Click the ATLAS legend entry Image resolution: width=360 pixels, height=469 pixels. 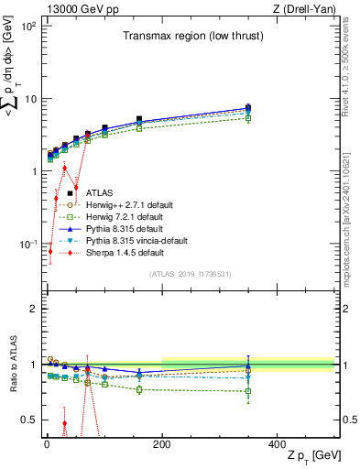click(x=100, y=193)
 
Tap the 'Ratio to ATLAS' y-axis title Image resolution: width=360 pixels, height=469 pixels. click(x=12, y=364)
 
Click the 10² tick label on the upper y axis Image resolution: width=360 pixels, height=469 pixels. click(x=27, y=27)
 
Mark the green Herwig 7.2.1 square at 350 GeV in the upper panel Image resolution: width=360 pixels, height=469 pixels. click(x=321, y=118)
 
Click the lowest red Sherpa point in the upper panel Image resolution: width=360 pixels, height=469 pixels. click(x=50, y=251)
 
